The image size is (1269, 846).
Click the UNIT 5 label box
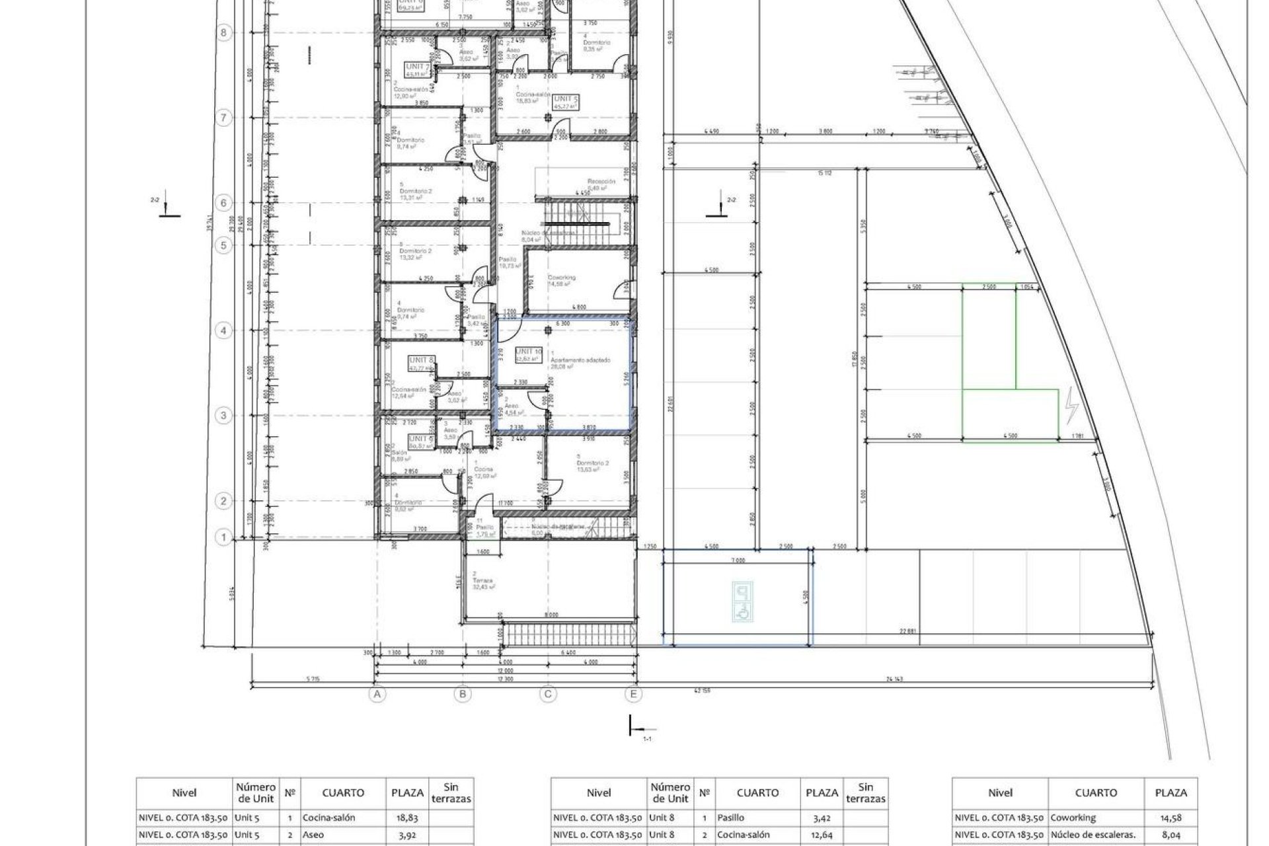566,99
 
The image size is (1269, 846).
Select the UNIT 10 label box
528,352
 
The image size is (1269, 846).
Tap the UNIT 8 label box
422,360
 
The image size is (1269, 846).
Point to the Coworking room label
562,278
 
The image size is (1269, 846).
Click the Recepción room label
601,181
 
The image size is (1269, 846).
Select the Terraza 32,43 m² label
482,582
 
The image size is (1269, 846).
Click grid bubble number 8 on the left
224,32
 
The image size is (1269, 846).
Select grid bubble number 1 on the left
224,538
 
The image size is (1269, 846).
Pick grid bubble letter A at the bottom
377,694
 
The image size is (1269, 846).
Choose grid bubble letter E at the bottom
634,694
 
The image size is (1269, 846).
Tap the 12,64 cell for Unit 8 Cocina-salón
822,835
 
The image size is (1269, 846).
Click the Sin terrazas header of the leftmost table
451,792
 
